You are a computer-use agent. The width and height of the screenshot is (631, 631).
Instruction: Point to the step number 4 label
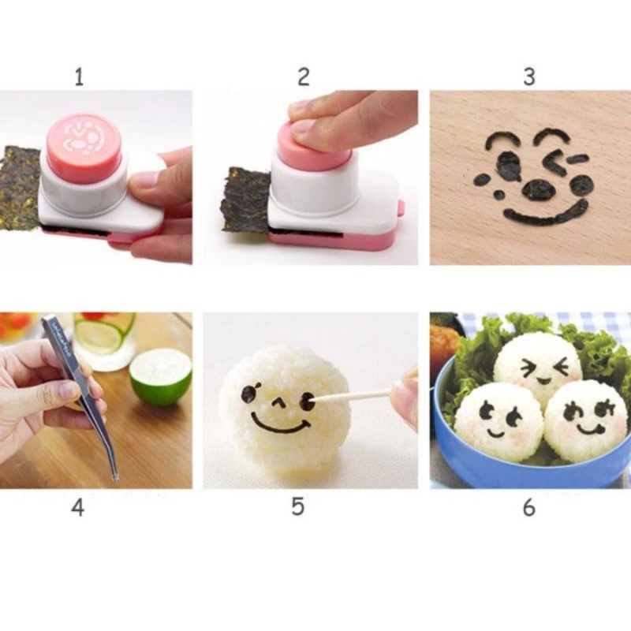(x=77, y=506)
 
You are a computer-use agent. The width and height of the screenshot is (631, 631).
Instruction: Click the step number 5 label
(x=297, y=506)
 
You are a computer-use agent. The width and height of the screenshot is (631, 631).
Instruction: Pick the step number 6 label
(x=528, y=506)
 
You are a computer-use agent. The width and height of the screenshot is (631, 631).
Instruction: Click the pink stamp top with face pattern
(x=83, y=137)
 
